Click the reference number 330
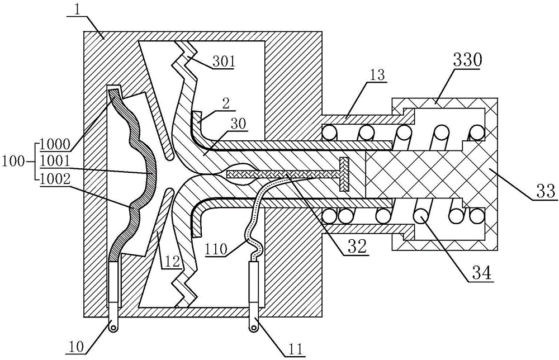point(467,61)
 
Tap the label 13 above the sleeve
point(376,75)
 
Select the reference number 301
point(224,62)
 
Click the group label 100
point(14,162)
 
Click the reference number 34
point(481,273)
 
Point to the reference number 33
point(544,191)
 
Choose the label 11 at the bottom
point(296,347)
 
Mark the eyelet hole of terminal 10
point(113,328)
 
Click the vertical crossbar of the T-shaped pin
point(344,174)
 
